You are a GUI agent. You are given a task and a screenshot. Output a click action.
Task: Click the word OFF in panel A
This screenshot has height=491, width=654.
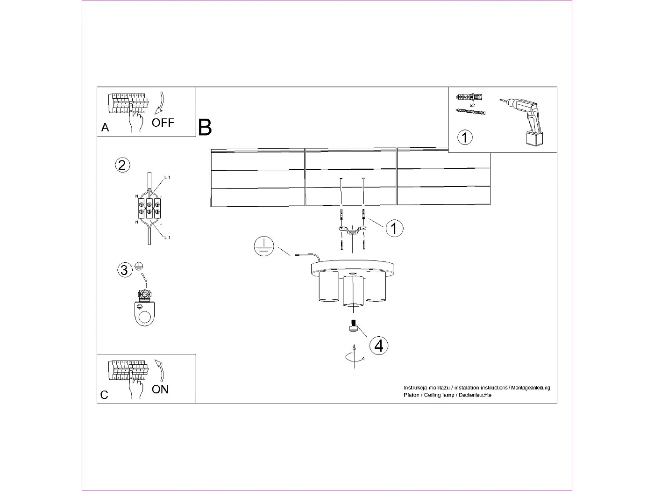point(163,123)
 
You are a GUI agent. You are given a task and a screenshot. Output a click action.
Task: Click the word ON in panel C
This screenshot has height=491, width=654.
point(160,390)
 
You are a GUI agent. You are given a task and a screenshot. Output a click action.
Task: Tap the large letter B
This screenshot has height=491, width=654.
point(205,128)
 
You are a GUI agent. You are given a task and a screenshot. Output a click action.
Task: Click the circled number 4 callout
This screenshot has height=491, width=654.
point(379,346)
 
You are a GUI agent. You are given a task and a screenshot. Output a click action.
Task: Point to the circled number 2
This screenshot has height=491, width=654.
point(122,165)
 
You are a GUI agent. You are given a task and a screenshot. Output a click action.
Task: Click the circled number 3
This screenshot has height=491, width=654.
point(124,270)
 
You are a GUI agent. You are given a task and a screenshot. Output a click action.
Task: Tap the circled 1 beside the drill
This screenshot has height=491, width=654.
point(465,137)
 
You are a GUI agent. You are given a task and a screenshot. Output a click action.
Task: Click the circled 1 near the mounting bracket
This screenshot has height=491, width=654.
point(394,229)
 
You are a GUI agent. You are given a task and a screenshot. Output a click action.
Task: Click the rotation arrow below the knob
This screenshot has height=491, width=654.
point(354,357)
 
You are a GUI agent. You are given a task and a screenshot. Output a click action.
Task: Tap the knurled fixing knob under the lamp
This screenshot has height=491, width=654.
point(353,326)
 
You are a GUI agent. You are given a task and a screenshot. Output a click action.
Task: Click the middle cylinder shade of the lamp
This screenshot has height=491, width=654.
point(353,291)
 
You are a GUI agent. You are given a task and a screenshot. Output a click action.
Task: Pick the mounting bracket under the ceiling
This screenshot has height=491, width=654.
point(353,231)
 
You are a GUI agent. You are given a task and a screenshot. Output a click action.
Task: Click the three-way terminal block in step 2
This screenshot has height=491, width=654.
point(149,208)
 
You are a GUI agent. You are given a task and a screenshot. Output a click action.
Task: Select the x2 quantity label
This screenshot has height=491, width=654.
point(473,106)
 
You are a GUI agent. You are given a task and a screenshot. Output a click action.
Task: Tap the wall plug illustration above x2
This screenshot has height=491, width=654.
point(469,97)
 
